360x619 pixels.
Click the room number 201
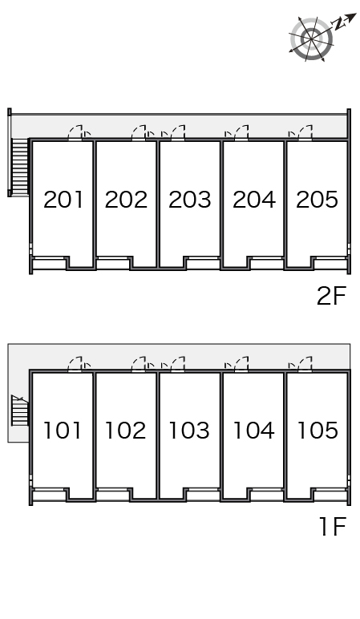[63, 200]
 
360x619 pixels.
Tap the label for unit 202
[127, 200]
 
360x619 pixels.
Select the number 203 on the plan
[190, 200]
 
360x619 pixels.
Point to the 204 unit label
[254, 200]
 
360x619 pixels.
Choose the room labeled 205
[317, 200]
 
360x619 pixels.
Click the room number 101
[63, 431]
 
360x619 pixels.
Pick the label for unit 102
[126, 431]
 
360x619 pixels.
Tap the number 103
[189, 431]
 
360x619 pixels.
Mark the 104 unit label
[254, 431]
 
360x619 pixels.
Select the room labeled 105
[318, 431]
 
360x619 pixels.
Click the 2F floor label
[332, 296]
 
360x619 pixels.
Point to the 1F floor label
[334, 527]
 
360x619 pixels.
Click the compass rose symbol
[312, 38]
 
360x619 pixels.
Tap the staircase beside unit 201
[21, 167]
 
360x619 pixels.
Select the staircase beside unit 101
[20, 411]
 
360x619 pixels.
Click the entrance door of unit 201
[75, 133]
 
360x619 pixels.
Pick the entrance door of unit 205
[305, 133]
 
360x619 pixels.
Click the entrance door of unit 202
[139, 133]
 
